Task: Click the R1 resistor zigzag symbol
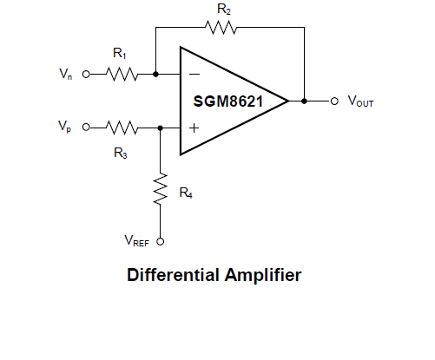pos(122,75)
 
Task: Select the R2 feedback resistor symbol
pos(221,28)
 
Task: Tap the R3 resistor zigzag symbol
pos(122,128)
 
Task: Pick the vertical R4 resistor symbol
pos(161,189)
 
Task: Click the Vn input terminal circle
pos(86,75)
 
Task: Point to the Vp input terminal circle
pos(86,128)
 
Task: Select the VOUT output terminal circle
pos(334,101)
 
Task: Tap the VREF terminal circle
pos(161,241)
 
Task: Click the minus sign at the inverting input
pos(194,75)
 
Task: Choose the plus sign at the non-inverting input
pos(194,128)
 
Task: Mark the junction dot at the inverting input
pos(155,75)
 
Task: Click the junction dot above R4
pos(161,128)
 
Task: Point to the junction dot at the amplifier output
pos(304,101)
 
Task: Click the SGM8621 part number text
pos(228,101)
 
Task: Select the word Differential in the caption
pos(173,275)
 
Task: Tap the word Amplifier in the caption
pos(263,275)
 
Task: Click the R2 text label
pos(224,10)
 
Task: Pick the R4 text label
pos(186,193)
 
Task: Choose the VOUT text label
pos(360,101)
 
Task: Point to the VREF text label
pos(137,240)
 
